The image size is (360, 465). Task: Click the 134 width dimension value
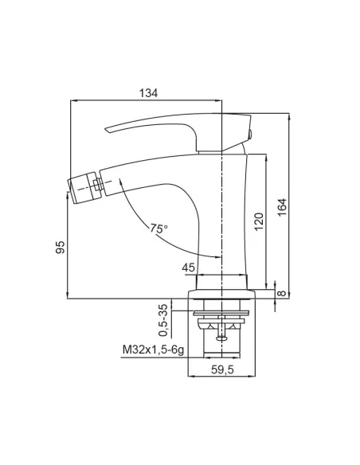point(148,93)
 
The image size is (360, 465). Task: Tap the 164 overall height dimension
point(283,207)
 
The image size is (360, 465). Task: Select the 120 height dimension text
point(259,221)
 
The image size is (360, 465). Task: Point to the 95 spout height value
point(60,247)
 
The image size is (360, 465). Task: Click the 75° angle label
point(159,229)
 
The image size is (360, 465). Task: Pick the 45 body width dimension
point(189,268)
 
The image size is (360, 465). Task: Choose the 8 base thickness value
point(282,293)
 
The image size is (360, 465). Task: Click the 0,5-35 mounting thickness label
point(163,320)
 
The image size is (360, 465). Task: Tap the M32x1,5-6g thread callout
point(153,350)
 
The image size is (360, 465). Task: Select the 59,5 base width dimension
point(222,369)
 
